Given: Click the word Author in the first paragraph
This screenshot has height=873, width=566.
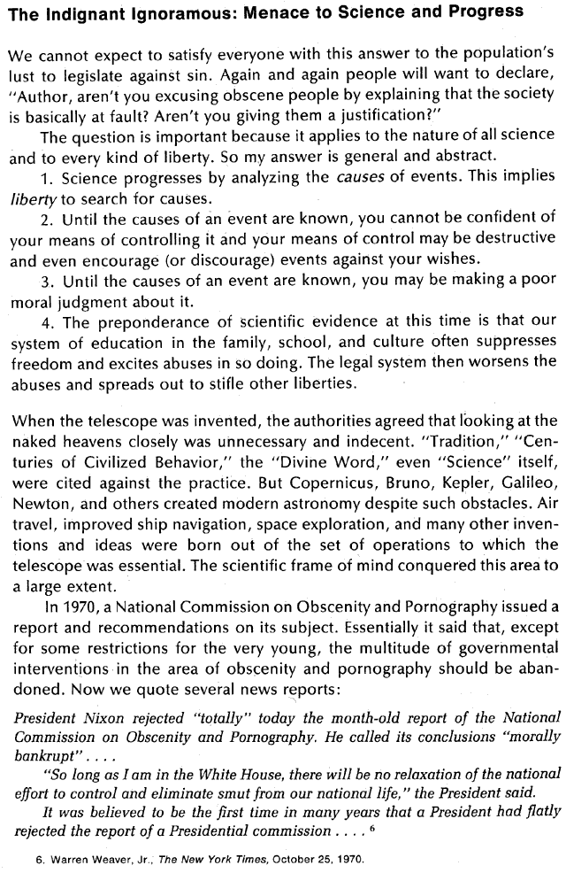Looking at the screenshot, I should tap(46, 95).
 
